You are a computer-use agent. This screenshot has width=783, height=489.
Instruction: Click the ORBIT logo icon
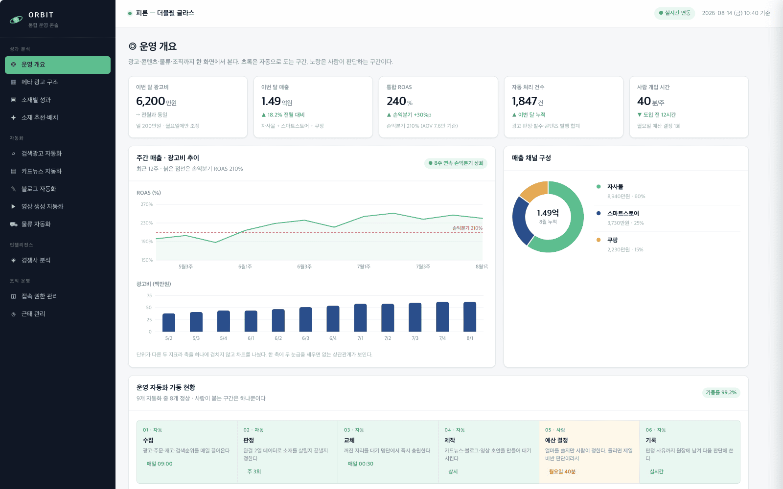(x=16, y=20)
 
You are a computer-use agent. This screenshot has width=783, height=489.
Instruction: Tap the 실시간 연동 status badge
(x=674, y=13)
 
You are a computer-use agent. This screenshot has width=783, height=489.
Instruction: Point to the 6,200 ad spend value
(x=150, y=101)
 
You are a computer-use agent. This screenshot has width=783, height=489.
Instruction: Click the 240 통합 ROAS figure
(x=396, y=101)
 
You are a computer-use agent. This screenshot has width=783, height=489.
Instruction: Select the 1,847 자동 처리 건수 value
(x=524, y=101)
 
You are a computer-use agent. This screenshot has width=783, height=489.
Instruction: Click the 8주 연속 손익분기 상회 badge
(x=456, y=163)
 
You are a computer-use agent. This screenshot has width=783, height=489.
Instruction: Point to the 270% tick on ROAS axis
(x=146, y=204)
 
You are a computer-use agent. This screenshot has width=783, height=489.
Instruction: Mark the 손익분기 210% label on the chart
(x=467, y=228)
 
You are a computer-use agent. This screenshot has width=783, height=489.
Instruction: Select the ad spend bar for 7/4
(x=442, y=317)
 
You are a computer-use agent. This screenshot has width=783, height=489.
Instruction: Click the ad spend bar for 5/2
(x=169, y=323)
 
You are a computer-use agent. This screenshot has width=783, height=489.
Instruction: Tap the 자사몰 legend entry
(x=621, y=191)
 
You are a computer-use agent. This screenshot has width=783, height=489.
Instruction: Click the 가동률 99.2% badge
(x=721, y=393)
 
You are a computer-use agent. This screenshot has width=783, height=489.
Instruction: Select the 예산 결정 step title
(x=556, y=440)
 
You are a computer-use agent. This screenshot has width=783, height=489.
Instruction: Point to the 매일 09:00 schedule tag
(x=160, y=464)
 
